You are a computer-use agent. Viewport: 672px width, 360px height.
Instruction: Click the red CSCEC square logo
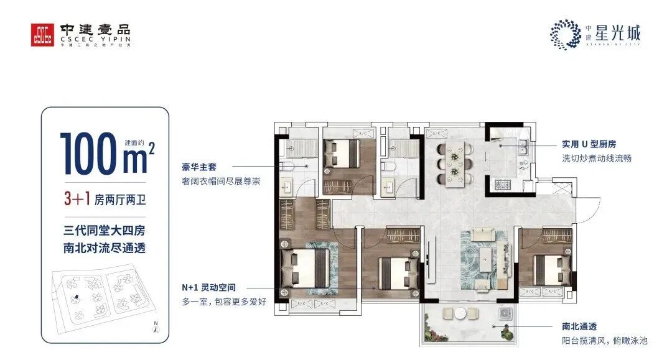tap(44, 34)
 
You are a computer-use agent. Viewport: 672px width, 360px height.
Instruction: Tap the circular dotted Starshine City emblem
tap(565, 34)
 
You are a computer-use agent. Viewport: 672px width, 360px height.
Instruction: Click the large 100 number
tap(91, 153)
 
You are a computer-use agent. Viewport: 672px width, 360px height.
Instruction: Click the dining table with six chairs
tap(455, 164)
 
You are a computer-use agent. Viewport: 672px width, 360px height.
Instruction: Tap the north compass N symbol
tap(157, 327)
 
